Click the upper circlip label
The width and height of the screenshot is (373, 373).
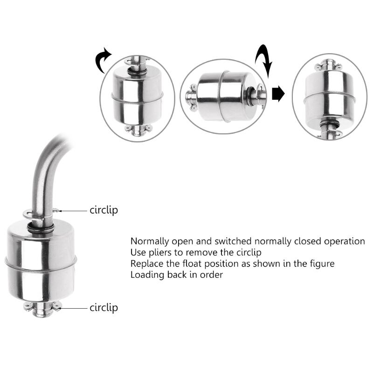click(x=104, y=210)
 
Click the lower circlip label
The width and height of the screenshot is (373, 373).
click(x=104, y=308)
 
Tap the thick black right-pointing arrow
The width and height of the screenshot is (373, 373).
click(x=278, y=94)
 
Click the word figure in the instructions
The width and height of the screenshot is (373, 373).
click(x=322, y=263)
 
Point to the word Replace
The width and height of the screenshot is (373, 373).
click(x=146, y=263)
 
